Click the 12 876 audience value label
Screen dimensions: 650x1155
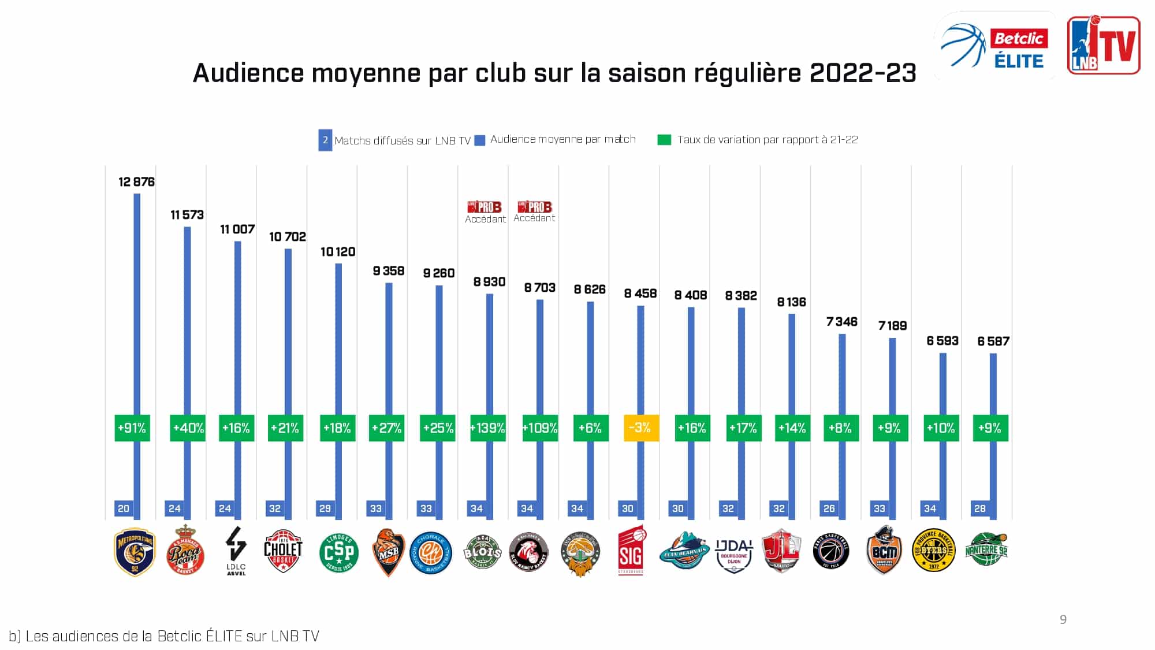[136, 182]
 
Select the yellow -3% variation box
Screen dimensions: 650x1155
[641, 428]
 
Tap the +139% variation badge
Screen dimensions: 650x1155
[488, 428]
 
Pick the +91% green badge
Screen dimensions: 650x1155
[132, 428]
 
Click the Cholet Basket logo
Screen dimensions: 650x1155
[283, 551]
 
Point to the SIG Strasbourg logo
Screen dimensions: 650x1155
[631, 551]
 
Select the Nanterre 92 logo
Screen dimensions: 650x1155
[986, 550]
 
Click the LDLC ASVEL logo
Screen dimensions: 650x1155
[236, 550]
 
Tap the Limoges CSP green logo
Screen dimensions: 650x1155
[339, 552]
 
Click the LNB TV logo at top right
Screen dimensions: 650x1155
[1104, 45]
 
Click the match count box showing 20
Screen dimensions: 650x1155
[124, 508]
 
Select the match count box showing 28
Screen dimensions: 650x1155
[980, 508]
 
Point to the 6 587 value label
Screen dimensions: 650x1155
[993, 341]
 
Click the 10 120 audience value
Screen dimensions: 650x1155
[338, 252]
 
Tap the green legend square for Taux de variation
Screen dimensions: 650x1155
[664, 140]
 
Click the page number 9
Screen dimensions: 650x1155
[1063, 619]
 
